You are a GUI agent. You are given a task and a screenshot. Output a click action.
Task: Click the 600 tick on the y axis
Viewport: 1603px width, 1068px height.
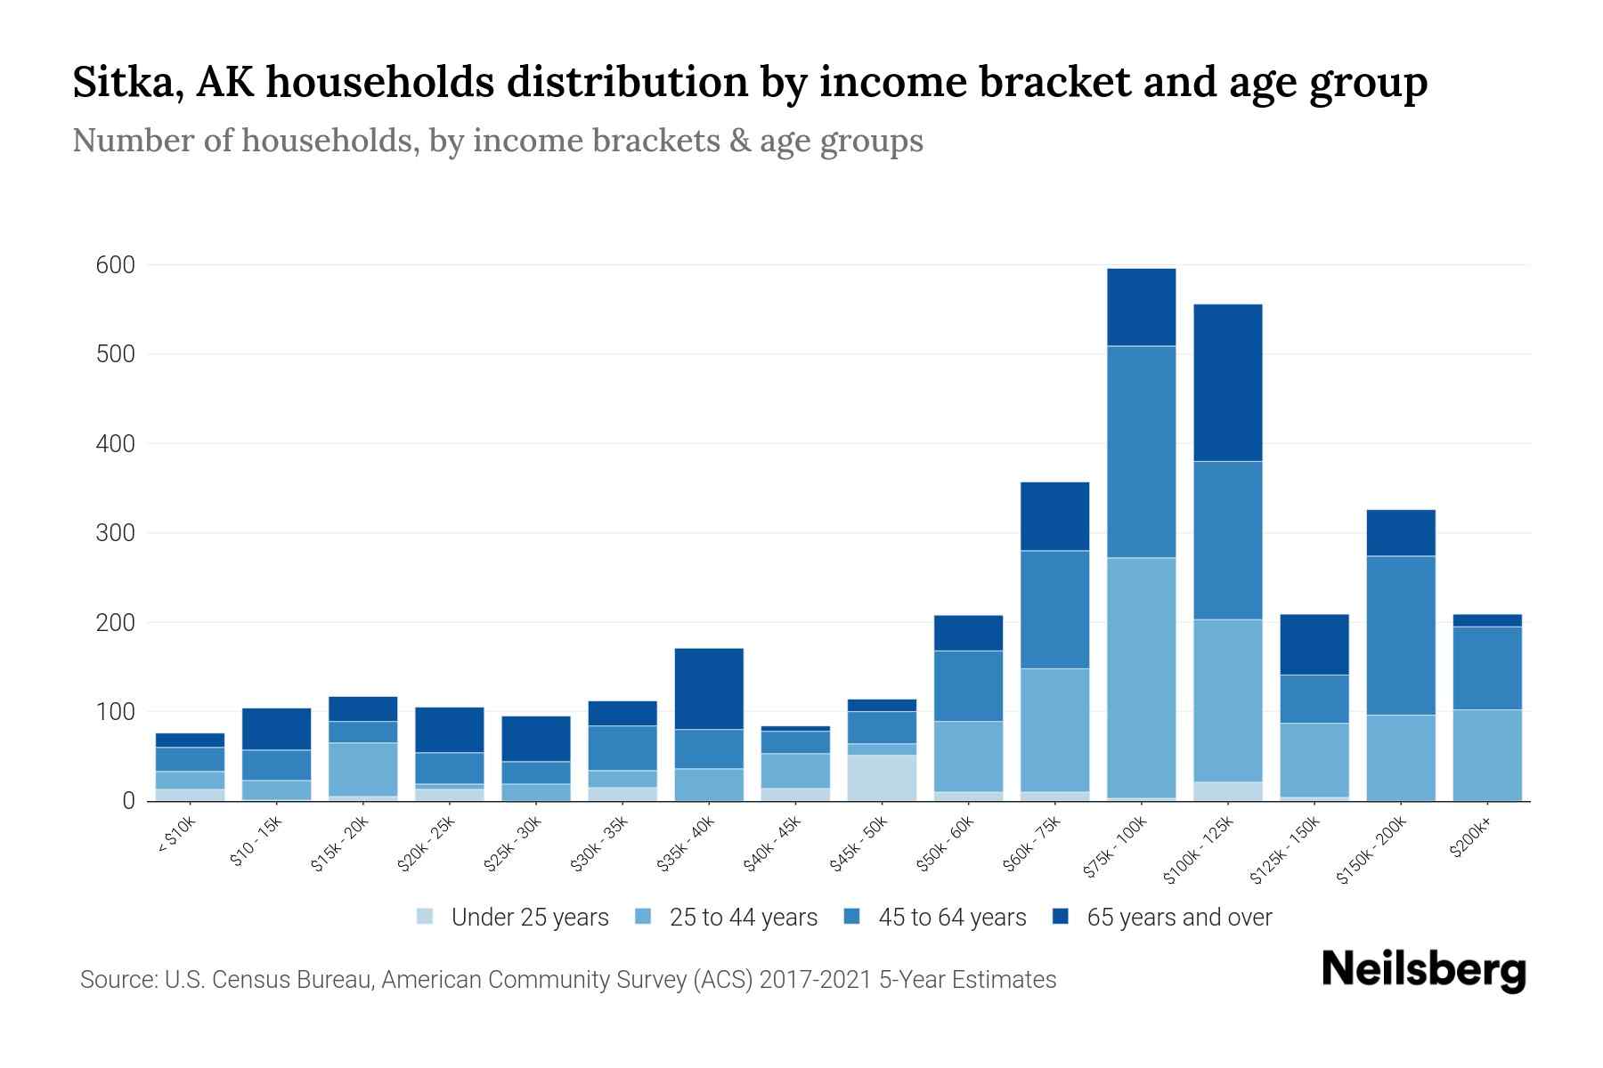(116, 265)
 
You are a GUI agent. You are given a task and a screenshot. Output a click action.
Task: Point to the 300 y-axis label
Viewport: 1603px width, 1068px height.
(116, 533)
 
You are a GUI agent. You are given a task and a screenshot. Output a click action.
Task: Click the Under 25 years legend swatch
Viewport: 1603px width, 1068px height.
(426, 916)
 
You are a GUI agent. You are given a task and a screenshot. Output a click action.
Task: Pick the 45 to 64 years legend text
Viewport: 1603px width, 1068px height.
(952, 918)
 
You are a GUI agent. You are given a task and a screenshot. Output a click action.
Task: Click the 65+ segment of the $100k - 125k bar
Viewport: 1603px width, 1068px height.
(1227, 383)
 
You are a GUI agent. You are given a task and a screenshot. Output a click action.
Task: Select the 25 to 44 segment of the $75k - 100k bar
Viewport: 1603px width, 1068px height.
(1141, 676)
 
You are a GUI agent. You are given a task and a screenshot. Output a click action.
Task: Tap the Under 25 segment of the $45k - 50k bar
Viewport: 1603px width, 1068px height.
(882, 778)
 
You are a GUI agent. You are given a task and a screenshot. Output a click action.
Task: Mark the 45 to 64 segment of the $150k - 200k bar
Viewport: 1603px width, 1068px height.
(1400, 635)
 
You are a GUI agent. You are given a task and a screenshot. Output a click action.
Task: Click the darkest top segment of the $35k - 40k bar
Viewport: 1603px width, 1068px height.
(709, 689)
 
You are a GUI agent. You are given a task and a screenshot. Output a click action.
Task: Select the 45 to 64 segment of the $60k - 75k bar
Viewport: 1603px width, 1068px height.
(1054, 610)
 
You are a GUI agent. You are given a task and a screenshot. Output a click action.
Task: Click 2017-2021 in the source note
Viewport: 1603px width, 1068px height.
(815, 980)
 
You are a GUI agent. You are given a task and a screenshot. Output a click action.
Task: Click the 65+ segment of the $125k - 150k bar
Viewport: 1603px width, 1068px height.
(1314, 644)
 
